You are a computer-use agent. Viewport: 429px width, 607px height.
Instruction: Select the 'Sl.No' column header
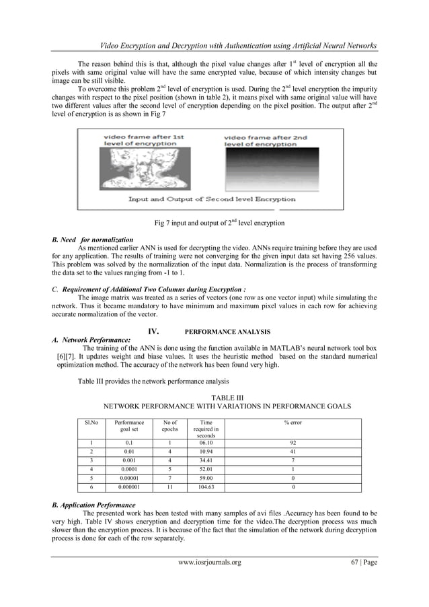tap(87, 423)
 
